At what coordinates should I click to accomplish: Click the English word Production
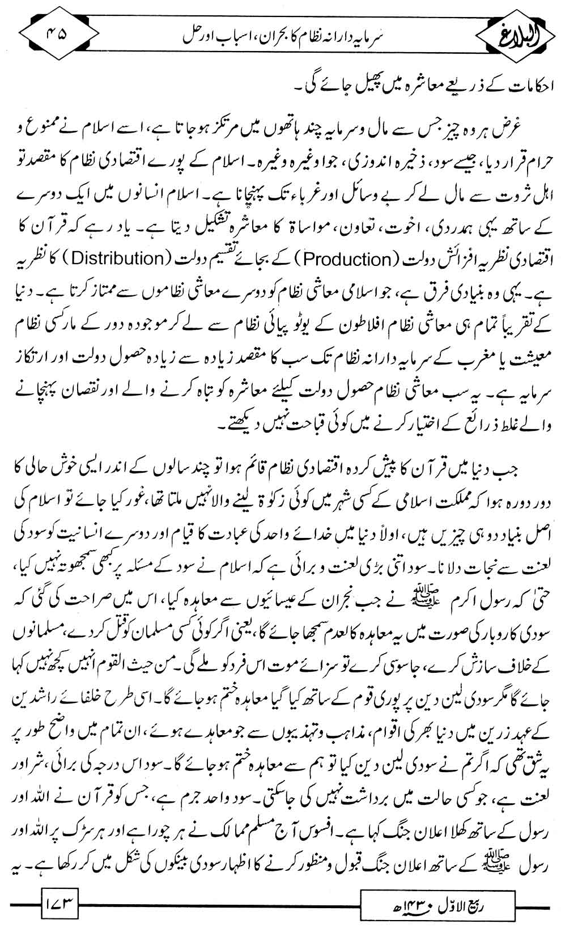point(346,259)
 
